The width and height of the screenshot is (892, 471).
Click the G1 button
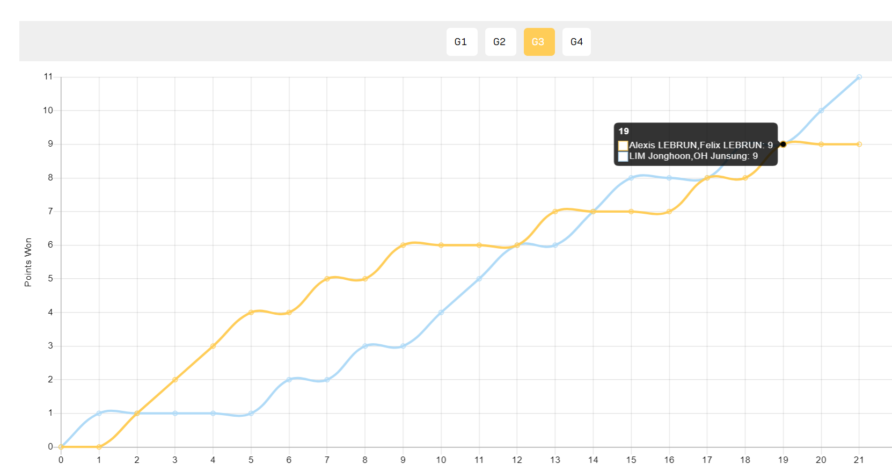tap(462, 42)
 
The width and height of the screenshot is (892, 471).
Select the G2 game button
tap(500, 42)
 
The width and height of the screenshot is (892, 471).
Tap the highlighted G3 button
tap(539, 42)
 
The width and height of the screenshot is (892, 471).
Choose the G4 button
tap(576, 42)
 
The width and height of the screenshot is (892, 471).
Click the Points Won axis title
tap(28, 262)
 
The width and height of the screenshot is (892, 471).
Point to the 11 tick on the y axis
tap(48, 76)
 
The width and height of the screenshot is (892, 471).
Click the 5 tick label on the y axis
tap(50, 279)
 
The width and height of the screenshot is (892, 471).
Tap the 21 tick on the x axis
tap(859, 460)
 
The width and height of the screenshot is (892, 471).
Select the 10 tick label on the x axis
tap(441, 460)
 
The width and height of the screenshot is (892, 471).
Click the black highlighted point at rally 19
tap(783, 144)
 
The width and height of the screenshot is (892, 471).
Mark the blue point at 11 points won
tap(859, 77)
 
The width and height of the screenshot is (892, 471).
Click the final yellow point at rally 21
tap(859, 144)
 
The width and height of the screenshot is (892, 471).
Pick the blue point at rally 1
tap(99, 413)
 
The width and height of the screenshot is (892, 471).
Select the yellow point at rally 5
tap(251, 313)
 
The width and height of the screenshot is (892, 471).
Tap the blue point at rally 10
tap(441, 313)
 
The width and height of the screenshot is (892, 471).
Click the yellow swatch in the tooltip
tap(623, 146)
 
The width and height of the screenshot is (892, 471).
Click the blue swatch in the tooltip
tap(623, 156)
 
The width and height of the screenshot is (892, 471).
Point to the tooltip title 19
tap(624, 131)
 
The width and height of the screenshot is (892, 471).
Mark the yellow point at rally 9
tap(403, 245)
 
